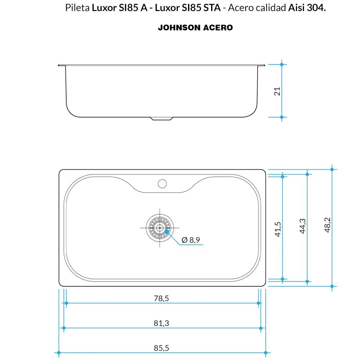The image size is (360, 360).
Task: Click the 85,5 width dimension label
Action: (x=161, y=348)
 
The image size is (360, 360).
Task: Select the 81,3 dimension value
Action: (x=161, y=323)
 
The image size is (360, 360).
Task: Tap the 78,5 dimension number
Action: (x=161, y=298)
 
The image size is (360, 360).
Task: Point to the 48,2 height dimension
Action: (x=328, y=225)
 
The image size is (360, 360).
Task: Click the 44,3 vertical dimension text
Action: (x=303, y=226)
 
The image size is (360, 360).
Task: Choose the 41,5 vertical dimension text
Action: (x=278, y=229)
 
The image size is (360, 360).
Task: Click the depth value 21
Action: (x=277, y=91)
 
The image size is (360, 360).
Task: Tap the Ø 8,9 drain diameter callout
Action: (x=191, y=240)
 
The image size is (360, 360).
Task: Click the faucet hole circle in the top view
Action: (x=162, y=184)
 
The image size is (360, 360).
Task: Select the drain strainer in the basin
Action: (x=160, y=228)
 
